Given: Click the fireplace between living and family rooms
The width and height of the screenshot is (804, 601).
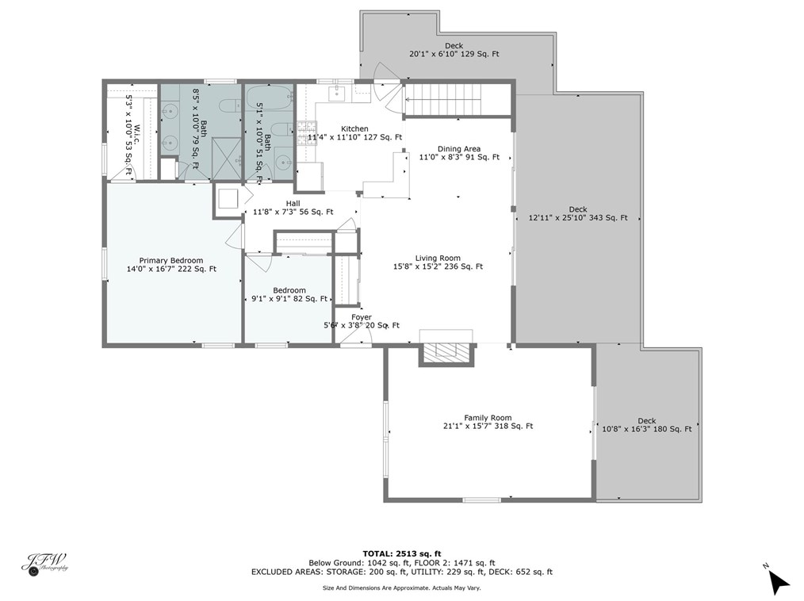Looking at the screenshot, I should [446, 353].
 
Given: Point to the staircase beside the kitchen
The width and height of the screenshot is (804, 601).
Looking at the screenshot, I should [443, 101].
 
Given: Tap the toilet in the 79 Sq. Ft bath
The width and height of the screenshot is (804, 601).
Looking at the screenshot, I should [227, 106].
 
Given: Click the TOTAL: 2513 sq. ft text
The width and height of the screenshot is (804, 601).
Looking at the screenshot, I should [401, 553].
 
